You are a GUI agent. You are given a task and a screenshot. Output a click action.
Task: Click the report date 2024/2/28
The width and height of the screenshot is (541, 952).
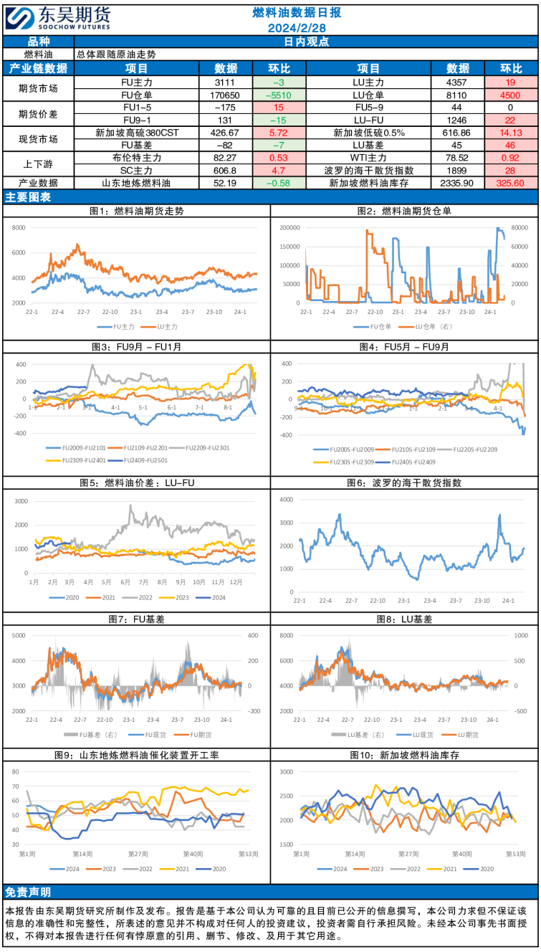point(297,28)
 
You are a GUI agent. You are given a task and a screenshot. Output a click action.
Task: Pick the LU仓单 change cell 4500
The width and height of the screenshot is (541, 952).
point(510,95)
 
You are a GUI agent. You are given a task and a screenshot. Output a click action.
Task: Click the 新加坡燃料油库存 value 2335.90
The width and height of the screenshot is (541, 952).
point(458,184)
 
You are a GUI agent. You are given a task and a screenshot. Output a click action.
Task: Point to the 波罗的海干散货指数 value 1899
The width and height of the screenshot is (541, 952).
point(458,171)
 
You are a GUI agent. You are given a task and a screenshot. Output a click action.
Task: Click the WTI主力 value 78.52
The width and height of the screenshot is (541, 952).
point(458,158)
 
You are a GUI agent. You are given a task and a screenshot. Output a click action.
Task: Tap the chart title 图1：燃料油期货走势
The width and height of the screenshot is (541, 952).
point(136,211)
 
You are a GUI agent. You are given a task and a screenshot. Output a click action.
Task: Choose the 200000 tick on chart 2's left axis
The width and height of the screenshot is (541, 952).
point(290,228)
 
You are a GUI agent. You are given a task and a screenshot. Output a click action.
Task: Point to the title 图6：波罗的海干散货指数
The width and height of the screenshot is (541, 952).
point(405,484)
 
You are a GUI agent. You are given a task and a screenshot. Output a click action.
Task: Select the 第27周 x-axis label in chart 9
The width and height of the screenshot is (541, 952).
point(138,854)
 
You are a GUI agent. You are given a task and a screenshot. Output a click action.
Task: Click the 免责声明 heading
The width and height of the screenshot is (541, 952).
point(29,892)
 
